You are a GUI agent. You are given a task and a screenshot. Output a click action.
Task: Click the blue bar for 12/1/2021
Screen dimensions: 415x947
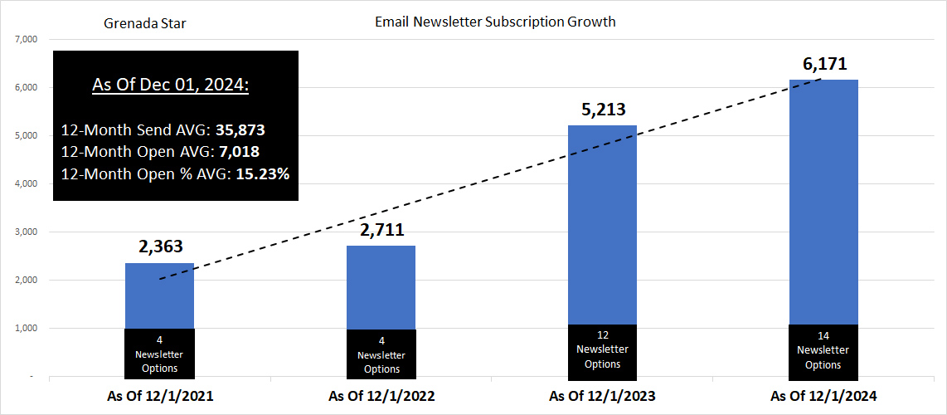pyautogui.click(x=159, y=296)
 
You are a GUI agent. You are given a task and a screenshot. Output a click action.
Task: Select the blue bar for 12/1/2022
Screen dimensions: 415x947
pyautogui.click(x=381, y=287)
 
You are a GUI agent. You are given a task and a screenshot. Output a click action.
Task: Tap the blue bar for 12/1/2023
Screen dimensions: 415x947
pyautogui.click(x=602, y=224)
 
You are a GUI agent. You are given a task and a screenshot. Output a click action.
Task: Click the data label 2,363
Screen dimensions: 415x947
pyautogui.click(x=159, y=247)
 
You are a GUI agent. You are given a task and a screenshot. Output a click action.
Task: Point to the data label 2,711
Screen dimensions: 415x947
pyautogui.click(x=381, y=229)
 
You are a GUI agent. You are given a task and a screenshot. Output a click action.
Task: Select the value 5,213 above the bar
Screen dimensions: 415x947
pyautogui.click(x=602, y=109)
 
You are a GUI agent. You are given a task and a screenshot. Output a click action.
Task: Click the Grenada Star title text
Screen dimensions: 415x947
pyautogui.click(x=145, y=23)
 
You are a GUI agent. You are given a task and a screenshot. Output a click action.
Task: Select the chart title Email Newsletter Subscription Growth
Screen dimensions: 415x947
pyautogui.click(x=495, y=22)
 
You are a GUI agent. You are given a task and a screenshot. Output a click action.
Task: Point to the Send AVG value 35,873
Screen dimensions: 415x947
pyautogui.click(x=240, y=131)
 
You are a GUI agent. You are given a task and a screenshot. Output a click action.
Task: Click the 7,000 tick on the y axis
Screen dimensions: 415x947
pyautogui.click(x=28, y=39)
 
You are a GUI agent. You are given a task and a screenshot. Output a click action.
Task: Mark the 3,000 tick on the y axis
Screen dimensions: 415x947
pyautogui.click(x=28, y=232)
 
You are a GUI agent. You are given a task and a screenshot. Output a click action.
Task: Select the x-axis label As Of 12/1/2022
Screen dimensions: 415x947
pyautogui.click(x=381, y=397)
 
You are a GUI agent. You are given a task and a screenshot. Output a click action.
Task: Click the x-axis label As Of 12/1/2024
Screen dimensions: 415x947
pyautogui.click(x=823, y=397)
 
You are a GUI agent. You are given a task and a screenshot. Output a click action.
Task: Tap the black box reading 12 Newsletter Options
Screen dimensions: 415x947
pyautogui.click(x=602, y=350)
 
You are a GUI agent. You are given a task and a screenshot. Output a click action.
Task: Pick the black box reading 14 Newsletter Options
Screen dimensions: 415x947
pyautogui.click(x=823, y=350)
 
